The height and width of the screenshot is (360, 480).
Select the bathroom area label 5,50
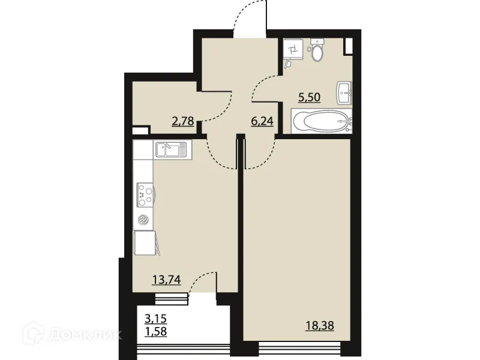pyautogui.click(x=310, y=97)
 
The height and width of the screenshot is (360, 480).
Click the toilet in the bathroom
pyautogui.click(x=317, y=50)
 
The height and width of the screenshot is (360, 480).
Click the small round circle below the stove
pyautogui.click(x=143, y=220)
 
